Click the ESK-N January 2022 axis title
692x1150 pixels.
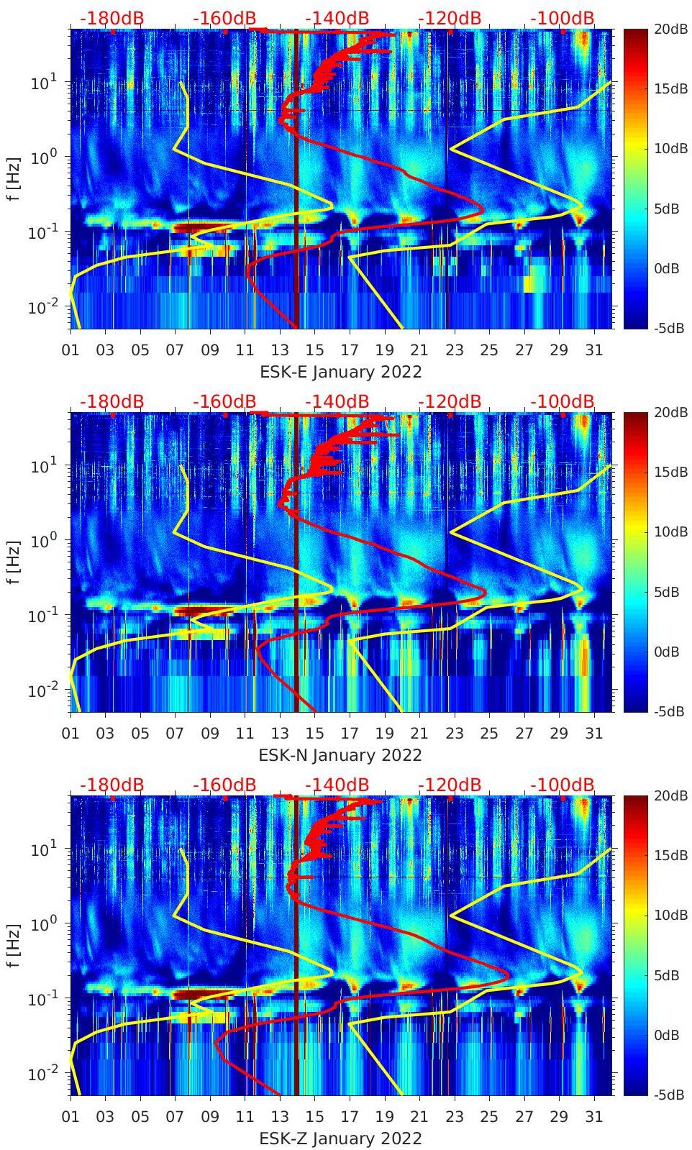[340, 755]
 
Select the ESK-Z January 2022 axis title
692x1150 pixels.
[340, 1138]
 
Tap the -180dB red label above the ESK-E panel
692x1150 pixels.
[111, 18]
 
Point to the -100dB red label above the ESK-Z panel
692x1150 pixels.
[563, 785]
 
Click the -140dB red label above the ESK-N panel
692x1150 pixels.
[337, 401]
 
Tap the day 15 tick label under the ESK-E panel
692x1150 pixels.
[314, 350]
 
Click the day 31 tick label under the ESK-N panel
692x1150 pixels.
[593, 734]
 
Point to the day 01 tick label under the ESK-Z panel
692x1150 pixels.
[70, 1117]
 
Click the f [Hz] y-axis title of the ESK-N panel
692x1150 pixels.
[14, 562]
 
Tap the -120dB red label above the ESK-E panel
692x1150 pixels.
[449, 18]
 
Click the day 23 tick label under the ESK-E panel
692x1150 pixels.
[454, 350]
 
